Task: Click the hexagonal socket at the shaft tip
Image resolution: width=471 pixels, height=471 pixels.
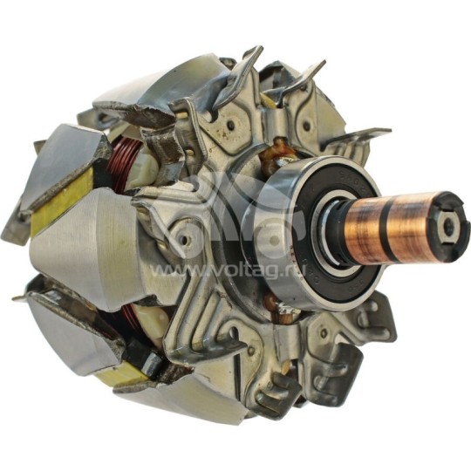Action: click(447, 228)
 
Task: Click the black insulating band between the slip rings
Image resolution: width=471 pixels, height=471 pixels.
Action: click(399, 230)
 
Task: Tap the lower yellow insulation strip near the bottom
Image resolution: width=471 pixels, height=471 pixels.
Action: click(122, 375)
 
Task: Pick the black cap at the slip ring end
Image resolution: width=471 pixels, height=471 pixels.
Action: click(450, 229)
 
